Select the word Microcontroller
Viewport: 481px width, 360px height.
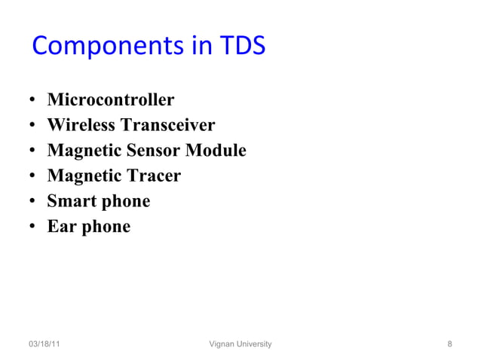pyautogui.click(x=111, y=100)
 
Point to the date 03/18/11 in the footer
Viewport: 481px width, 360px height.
pyautogui.click(x=45, y=344)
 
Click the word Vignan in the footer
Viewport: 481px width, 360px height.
pyautogui.click(x=222, y=344)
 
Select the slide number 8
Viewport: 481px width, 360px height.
pyautogui.click(x=449, y=344)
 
